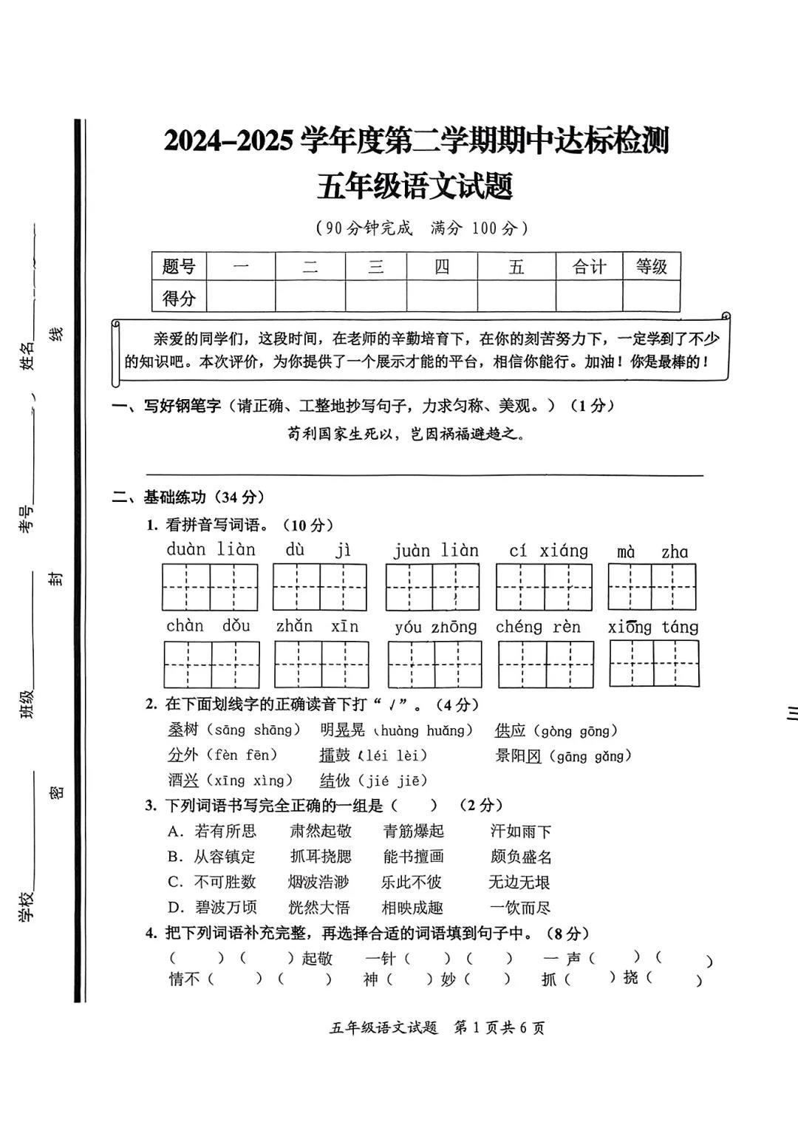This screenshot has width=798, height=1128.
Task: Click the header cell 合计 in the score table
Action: coord(589,267)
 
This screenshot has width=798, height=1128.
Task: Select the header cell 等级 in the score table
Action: coord(651,267)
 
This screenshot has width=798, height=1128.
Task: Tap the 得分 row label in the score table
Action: coord(179,298)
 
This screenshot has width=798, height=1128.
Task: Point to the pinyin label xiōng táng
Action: coord(653,628)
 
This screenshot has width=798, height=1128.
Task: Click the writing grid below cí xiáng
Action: coord(544,587)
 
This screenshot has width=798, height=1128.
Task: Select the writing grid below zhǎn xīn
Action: coord(321,665)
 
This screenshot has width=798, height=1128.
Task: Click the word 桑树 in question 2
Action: coord(183,730)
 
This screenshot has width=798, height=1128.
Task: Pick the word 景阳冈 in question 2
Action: coord(519,755)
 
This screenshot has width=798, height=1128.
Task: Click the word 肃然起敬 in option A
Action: coord(321,831)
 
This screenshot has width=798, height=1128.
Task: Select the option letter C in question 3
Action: coord(175,882)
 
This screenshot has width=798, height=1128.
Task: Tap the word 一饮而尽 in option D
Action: coord(520,908)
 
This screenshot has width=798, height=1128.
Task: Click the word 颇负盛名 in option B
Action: coord(521,857)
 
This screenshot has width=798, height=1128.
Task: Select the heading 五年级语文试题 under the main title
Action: coord(415,186)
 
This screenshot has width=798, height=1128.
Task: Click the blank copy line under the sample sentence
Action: coord(424,475)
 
